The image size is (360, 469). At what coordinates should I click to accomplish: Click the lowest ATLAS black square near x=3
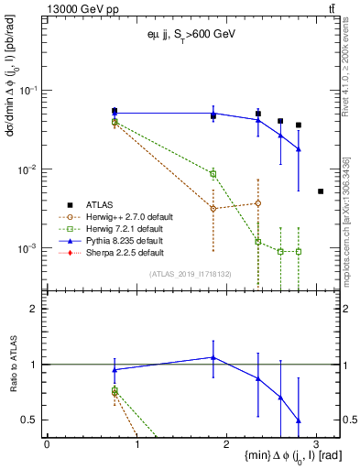coord(320,191)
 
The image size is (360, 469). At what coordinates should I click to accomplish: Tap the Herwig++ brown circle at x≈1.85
coord(213,209)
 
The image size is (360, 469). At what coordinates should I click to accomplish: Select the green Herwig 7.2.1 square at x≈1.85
coord(213,173)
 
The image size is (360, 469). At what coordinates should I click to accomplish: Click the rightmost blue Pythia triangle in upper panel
coord(299,148)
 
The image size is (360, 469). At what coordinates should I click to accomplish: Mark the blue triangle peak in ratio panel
coord(213,357)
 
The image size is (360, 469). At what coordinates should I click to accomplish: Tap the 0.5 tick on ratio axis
coord(35,420)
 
